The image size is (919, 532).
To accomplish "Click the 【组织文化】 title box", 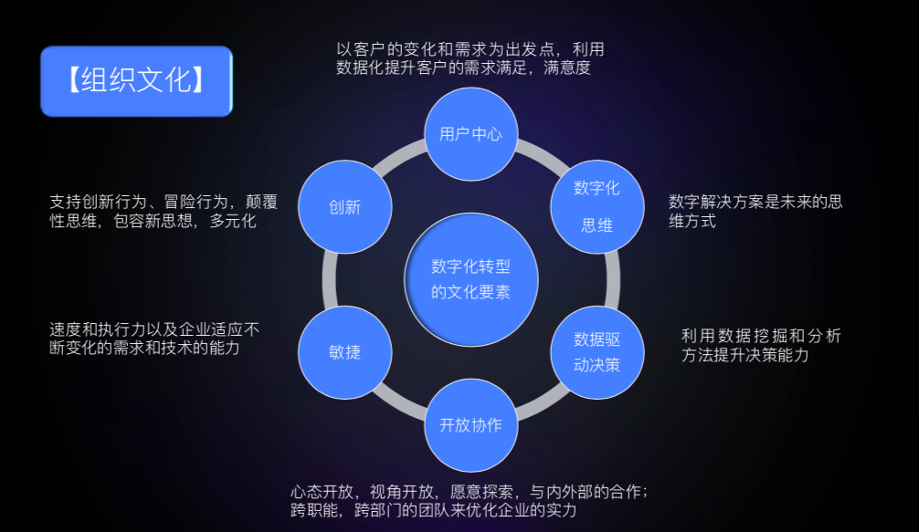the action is (136, 81).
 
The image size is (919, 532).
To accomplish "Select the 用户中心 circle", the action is (470, 134).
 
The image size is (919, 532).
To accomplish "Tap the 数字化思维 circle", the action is (597, 206).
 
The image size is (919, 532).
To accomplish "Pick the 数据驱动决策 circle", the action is (597, 352).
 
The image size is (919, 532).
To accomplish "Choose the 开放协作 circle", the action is (470, 425).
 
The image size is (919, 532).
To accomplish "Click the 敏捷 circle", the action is (345, 352).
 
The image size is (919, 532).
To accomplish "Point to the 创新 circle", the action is (345, 207).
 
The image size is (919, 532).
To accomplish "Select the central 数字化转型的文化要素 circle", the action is (470, 279).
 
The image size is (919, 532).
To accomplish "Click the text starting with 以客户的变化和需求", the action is (470, 58).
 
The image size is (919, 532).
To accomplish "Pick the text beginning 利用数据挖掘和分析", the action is (760, 345).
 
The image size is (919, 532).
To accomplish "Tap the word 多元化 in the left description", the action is (234, 221).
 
